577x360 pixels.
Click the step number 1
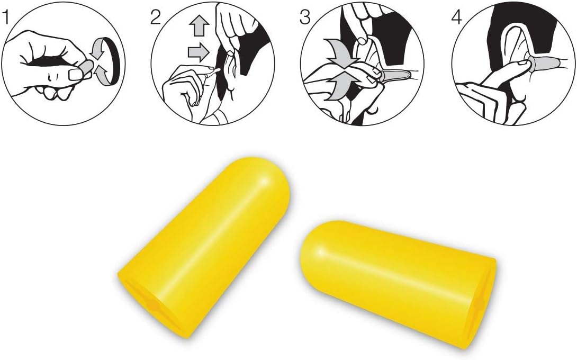5,17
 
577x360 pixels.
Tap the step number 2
156,17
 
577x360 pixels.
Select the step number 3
305,17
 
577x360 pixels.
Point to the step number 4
456,17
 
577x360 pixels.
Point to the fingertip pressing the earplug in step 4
522,66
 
